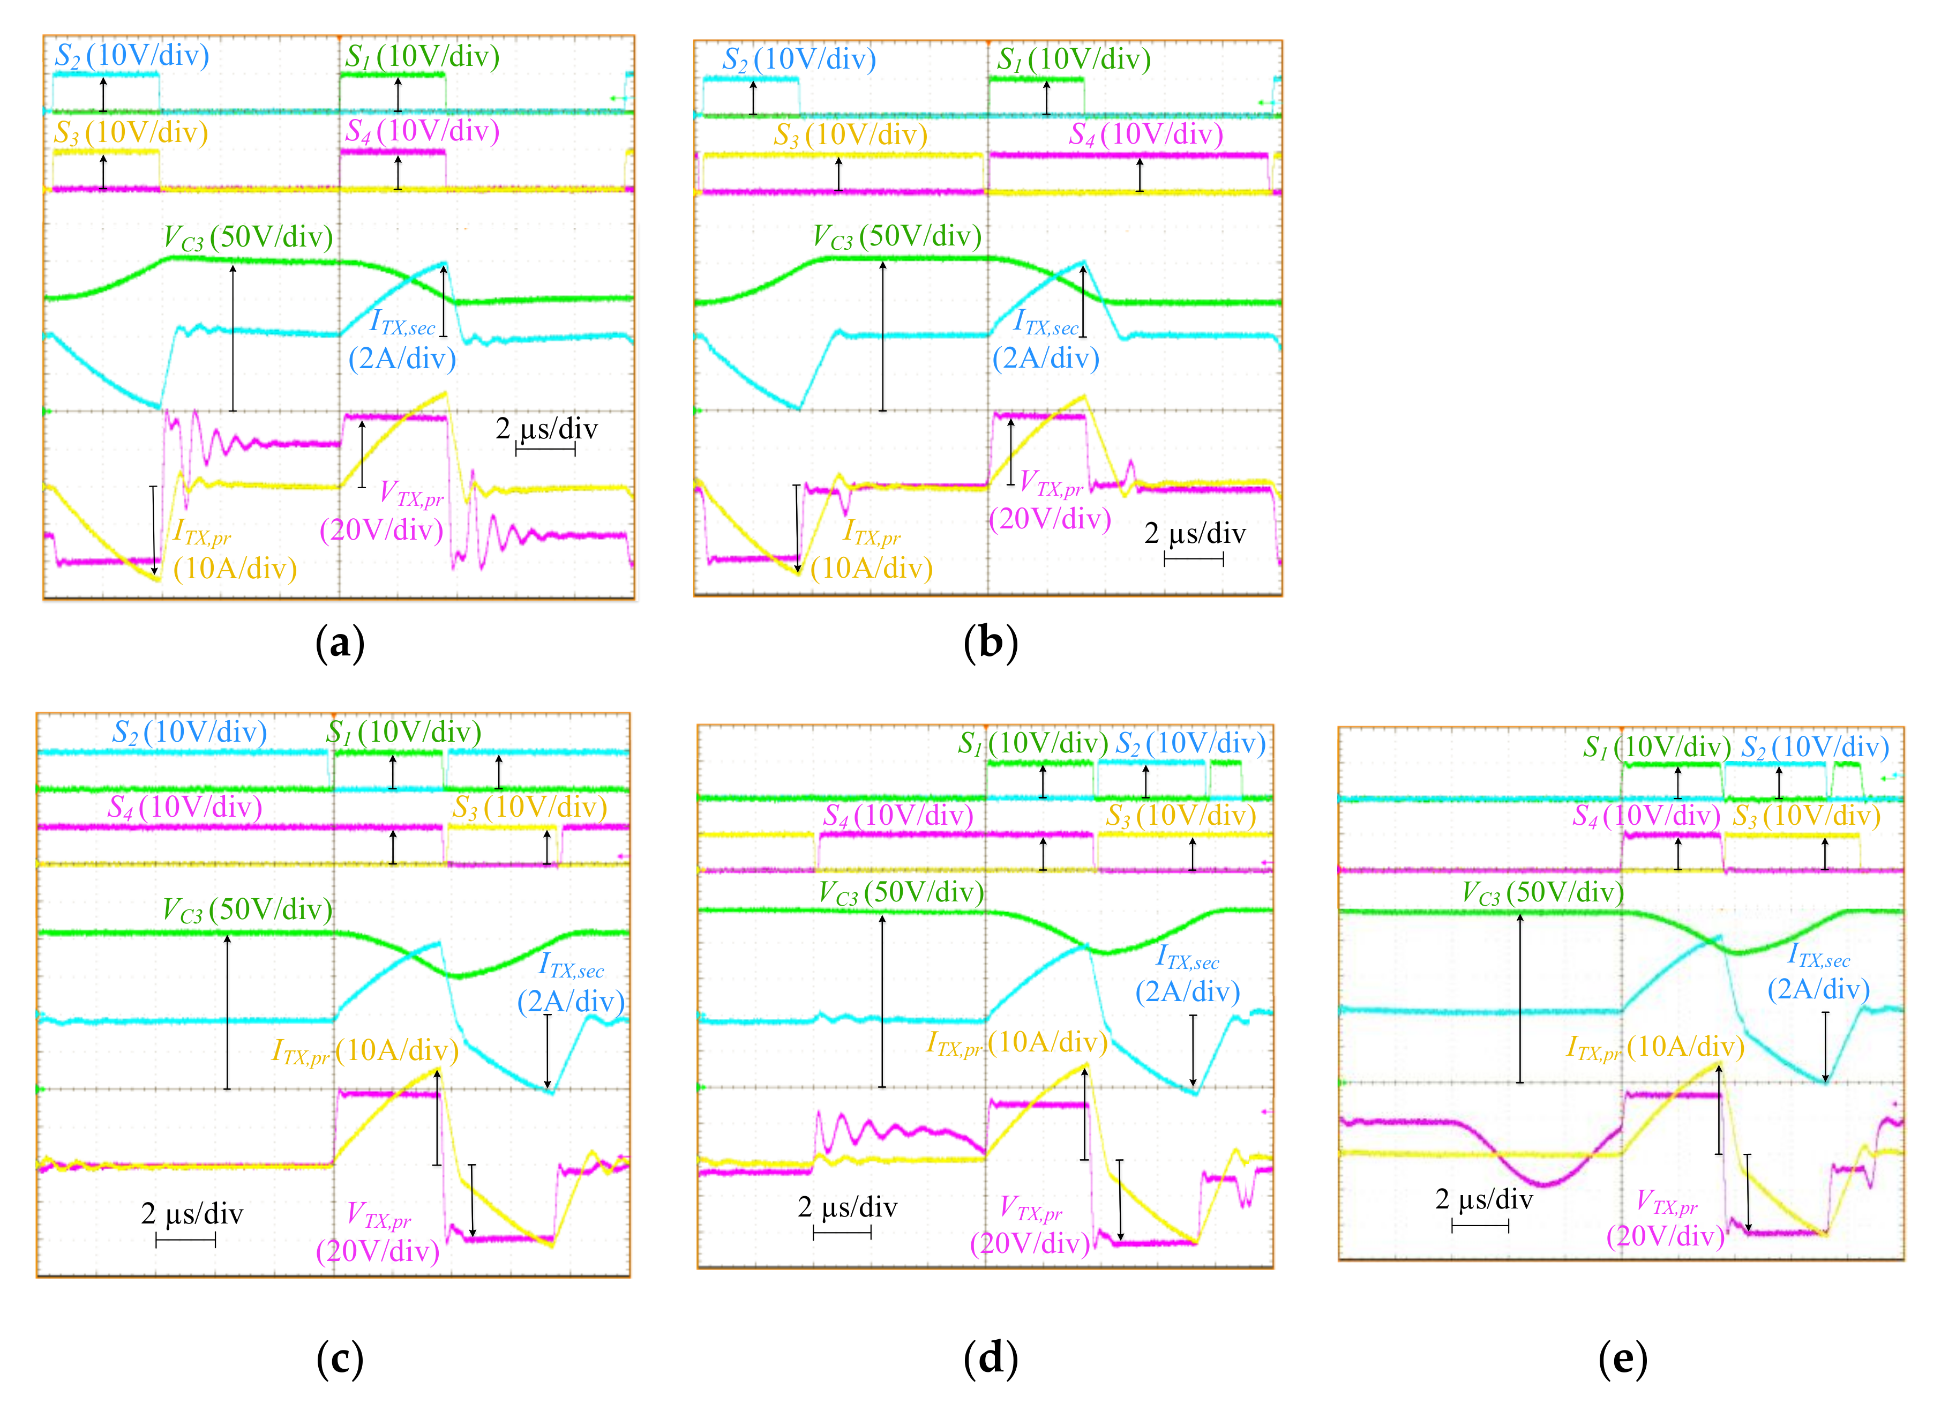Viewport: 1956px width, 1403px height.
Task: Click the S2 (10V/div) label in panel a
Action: tap(132, 56)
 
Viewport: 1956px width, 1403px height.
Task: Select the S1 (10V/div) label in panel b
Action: tap(1074, 59)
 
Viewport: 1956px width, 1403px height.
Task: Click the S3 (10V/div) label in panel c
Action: tap(529, 808)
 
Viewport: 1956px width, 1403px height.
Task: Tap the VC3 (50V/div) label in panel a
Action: tap(249, 237)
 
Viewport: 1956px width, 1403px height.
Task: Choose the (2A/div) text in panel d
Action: tap(1188, 992)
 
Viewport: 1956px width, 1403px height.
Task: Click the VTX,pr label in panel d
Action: tap(1031, 1208)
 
